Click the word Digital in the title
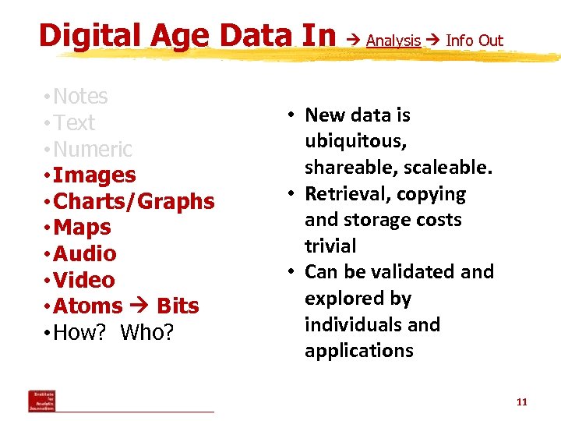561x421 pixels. coord(83,35)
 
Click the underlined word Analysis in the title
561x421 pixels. coord(393,41)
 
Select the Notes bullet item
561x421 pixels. coord(79,97)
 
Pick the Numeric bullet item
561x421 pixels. coord(92,149)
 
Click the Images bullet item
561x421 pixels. coord(93,175)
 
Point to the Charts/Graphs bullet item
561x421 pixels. coord(133,202)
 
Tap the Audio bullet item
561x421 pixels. coord(85,254)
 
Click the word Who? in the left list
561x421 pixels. coord(147,333)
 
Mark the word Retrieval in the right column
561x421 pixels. coord(346,194)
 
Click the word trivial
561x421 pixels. coord(330,246)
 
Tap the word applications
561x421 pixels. coord(359,351)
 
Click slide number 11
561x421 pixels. coord(522,402)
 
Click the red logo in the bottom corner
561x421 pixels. coord(42,401)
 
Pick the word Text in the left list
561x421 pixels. coord(74,123)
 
